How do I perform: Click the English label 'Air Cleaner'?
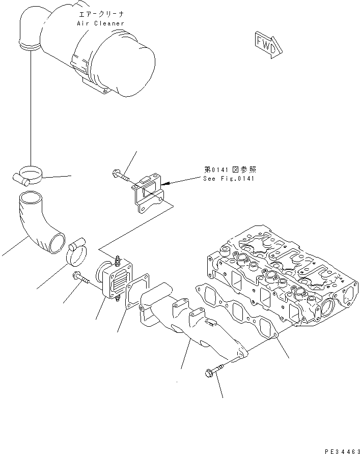(x=100, y=23)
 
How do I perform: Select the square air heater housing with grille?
(x=116, y=279)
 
